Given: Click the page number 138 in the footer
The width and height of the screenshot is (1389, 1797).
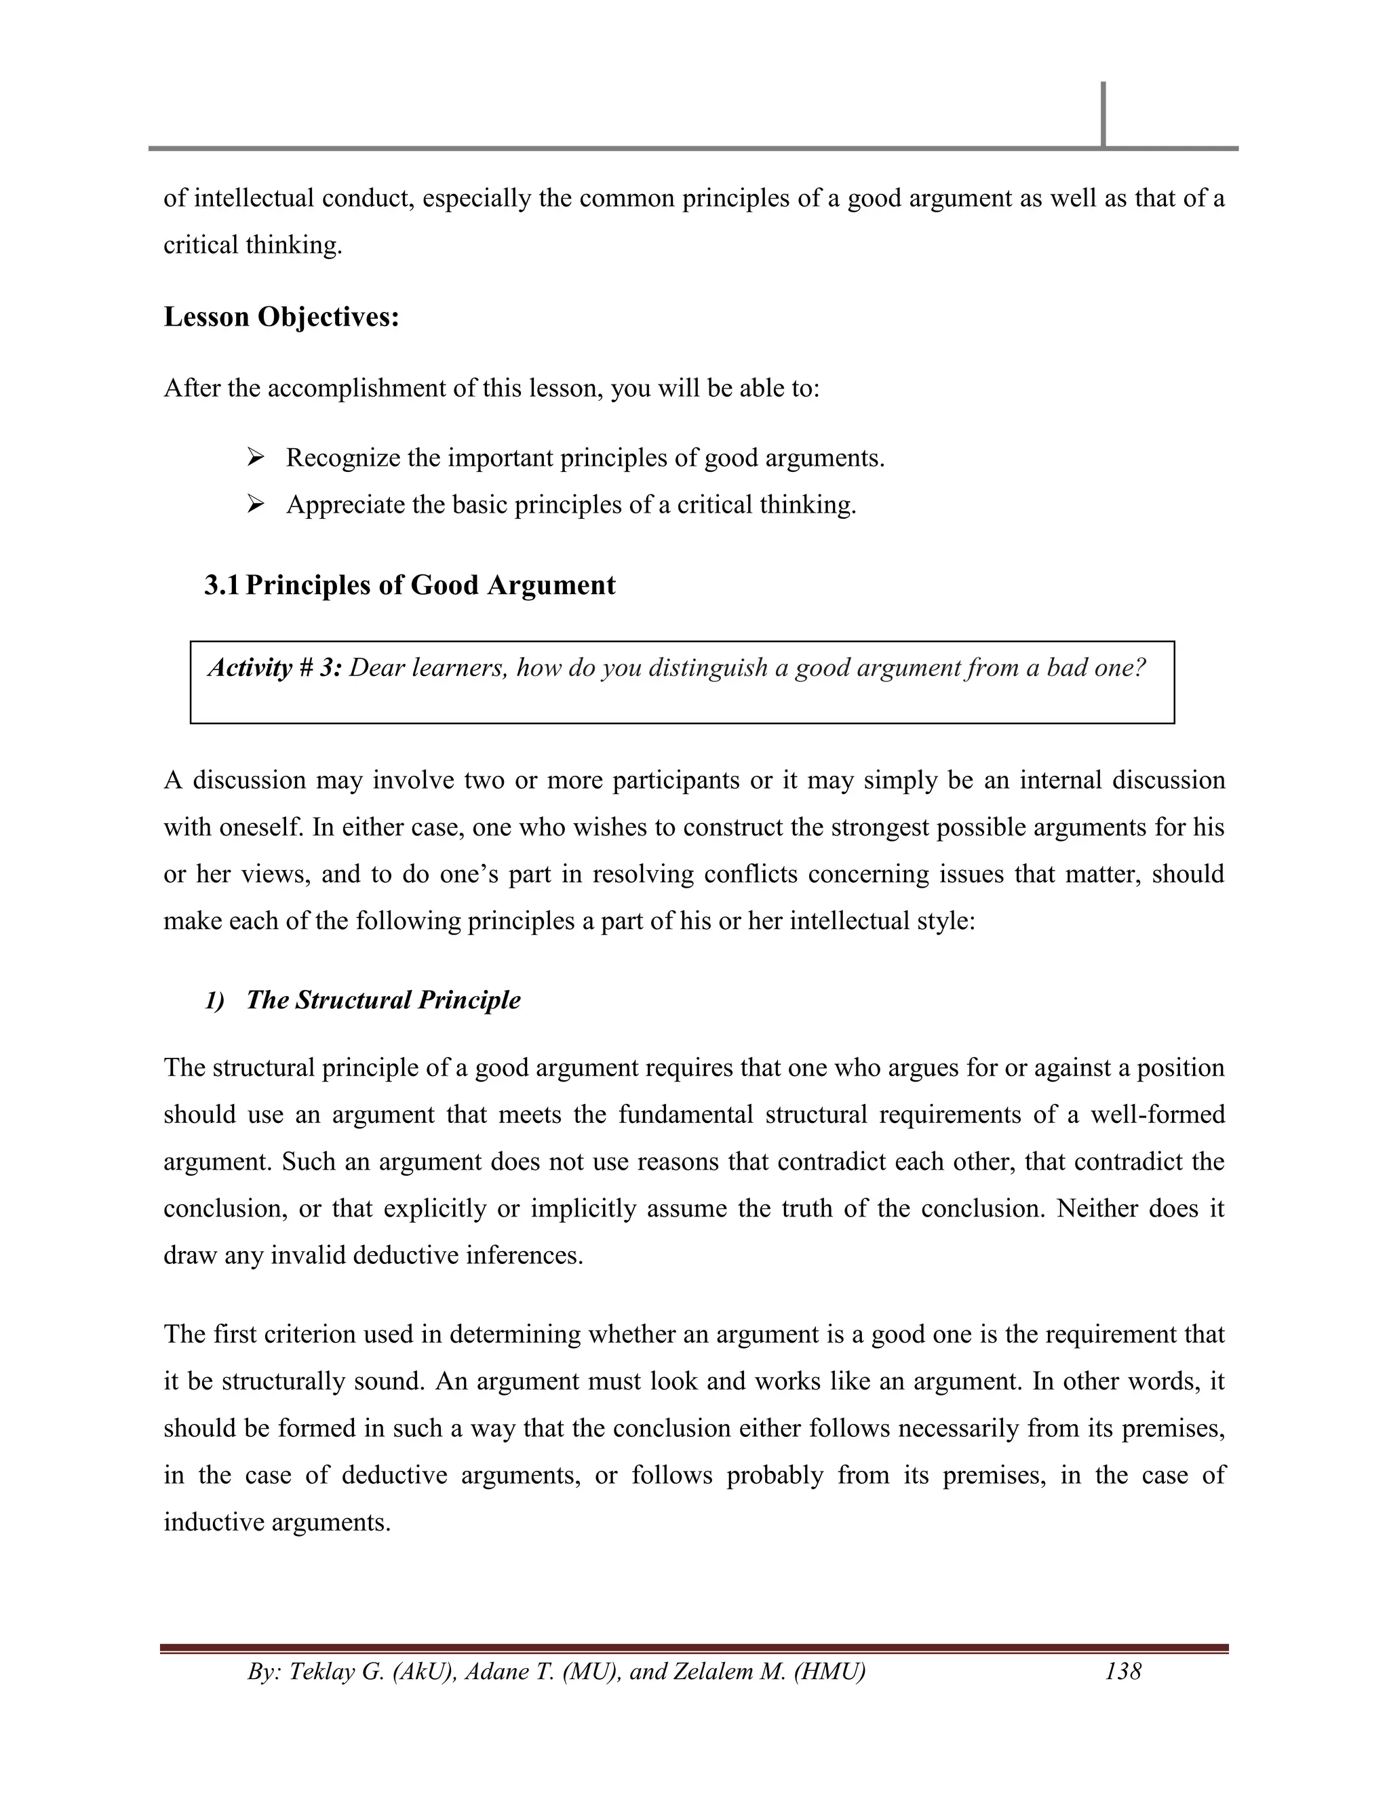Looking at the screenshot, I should click(1123, 1671).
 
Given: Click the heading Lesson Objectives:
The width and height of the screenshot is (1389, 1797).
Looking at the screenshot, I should click(281, 317).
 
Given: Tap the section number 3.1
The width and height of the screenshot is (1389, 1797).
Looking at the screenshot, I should click(221, 585).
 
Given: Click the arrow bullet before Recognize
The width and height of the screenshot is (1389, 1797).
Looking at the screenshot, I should click(255, 458).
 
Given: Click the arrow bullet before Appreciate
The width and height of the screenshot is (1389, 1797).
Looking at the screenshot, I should click(255, 505).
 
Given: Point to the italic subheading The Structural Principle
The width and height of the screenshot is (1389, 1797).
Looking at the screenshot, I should click(383, 1000).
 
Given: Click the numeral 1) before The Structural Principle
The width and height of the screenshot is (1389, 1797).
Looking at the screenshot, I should click(215, 1000).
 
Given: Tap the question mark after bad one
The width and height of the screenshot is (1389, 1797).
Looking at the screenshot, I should click(1139, 667).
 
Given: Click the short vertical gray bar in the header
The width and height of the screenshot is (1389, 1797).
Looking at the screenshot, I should click(1103, 115).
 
